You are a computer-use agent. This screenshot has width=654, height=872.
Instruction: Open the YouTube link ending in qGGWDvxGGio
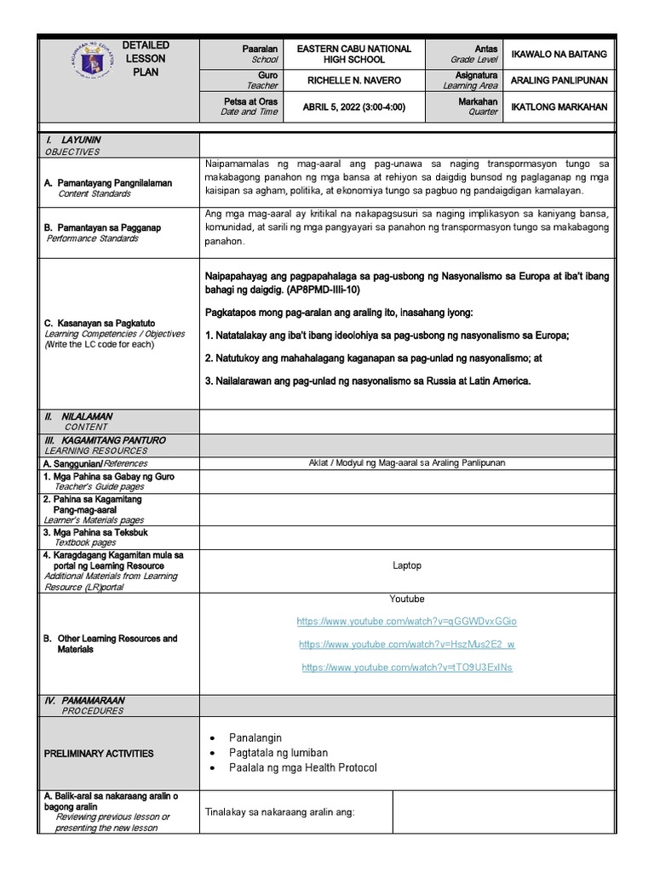(x=406, y=622)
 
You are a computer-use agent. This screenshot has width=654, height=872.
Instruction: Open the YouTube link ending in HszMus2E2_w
(x=406, y=645)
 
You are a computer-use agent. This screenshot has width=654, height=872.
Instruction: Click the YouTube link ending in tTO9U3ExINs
(x=406, y=668)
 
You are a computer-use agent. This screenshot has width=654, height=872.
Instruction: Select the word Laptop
(x=406, y=565)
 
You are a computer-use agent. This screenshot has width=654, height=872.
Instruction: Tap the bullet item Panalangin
(x=255, y=737)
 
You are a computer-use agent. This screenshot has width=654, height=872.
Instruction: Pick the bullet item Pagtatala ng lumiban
(x=278, y=753)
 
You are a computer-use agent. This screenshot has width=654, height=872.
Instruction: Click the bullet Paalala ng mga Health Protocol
(x=302, y=768)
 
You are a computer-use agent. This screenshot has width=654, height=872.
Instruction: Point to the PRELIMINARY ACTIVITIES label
(x=99, y=754)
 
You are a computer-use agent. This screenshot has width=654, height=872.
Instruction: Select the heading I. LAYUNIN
(x=76, y=140)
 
